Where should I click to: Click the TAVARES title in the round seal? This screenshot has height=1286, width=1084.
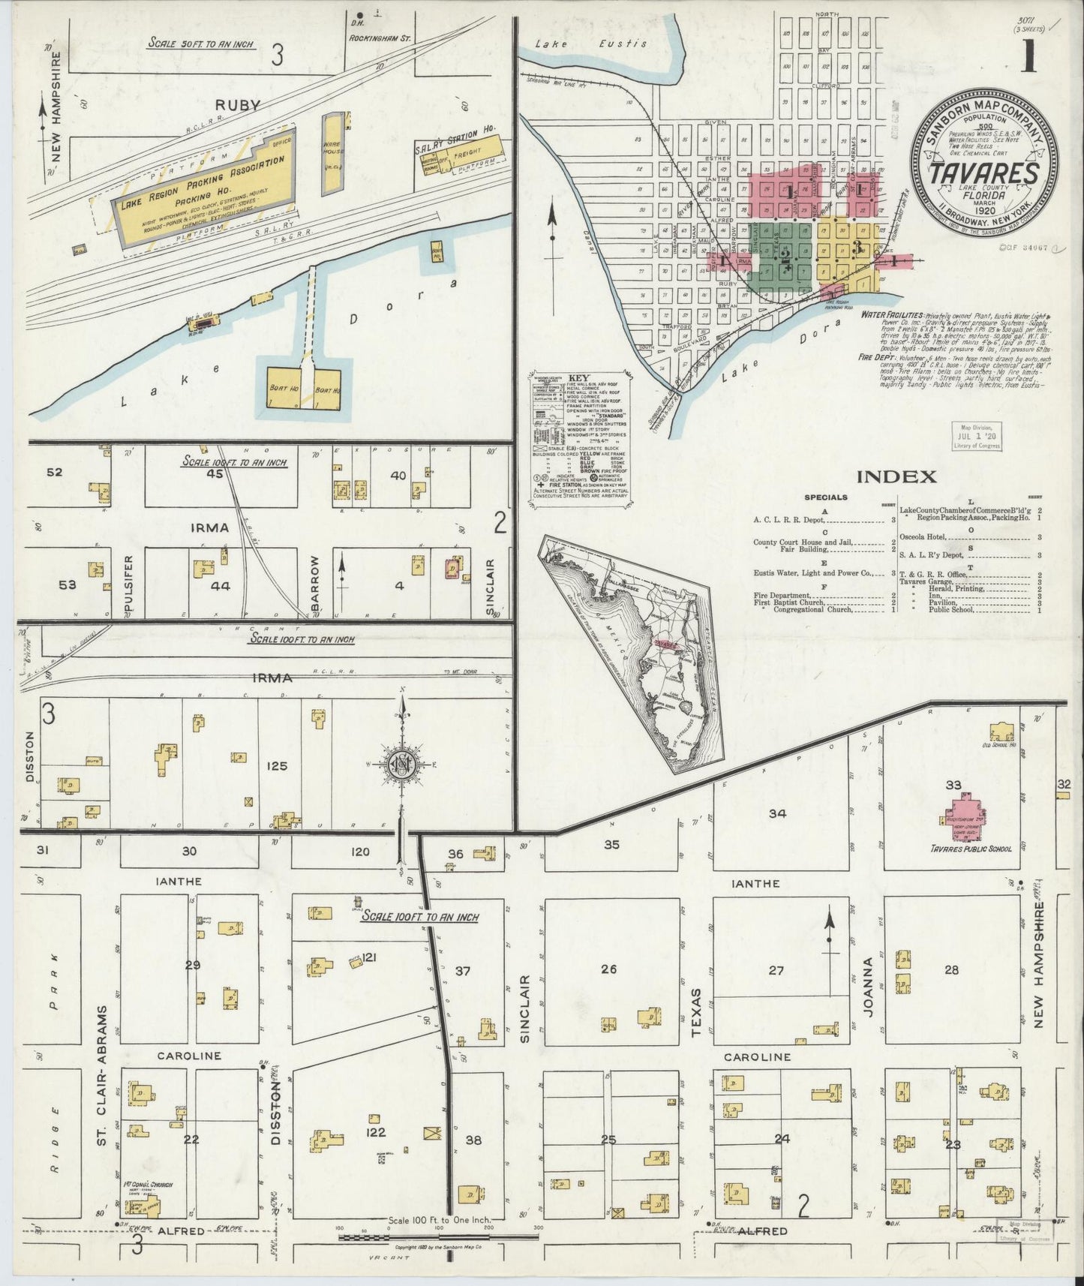click(985, 172)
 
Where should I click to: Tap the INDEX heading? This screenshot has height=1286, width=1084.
click(896, 476)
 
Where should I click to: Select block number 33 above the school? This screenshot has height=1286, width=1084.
click(953, 786)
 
